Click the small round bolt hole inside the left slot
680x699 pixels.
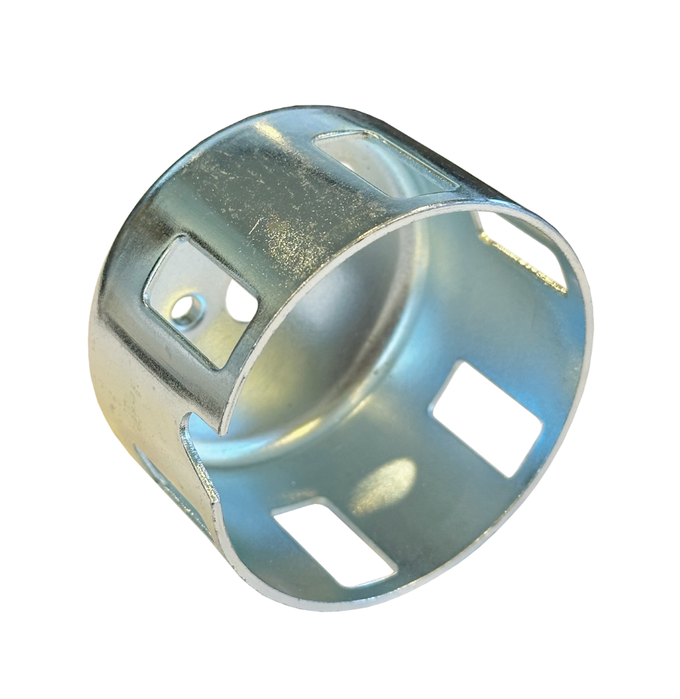click(183, 307)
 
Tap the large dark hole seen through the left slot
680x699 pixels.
click(240, 302)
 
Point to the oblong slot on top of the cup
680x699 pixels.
click(385, 159)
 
